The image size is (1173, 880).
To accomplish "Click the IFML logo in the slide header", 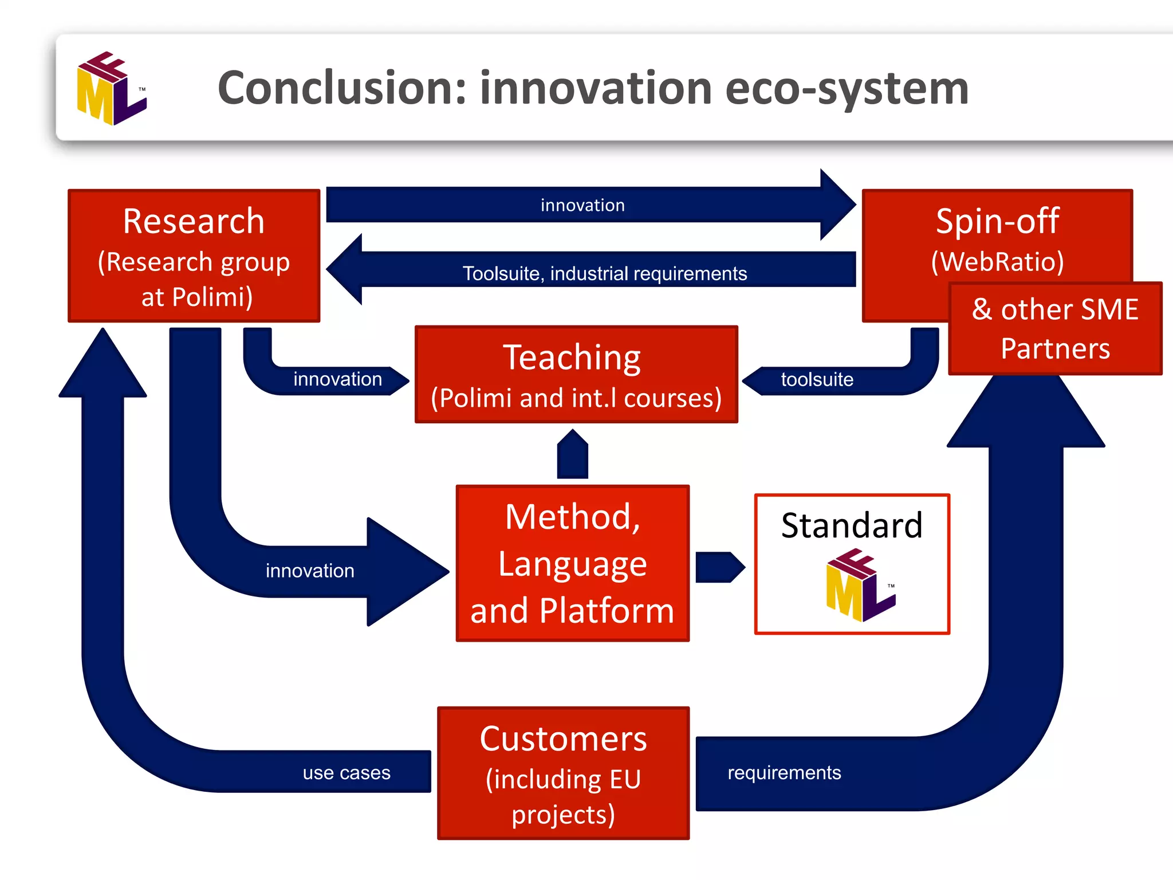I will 112,88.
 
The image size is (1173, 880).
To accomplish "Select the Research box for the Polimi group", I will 194,256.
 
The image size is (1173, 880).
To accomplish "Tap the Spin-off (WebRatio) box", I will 997,241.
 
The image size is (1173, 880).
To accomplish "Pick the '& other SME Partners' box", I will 1055,329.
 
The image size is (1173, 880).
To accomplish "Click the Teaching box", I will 576,375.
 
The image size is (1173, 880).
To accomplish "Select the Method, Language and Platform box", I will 572,563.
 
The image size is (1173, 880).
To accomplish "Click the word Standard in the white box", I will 852,525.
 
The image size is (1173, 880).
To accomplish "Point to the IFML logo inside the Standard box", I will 860,585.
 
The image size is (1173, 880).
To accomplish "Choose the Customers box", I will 563,773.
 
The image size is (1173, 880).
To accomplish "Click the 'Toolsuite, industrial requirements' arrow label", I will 604,274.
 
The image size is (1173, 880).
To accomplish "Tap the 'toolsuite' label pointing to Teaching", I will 817,379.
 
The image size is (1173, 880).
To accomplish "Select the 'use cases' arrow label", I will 347,773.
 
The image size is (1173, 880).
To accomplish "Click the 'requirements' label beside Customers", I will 784,773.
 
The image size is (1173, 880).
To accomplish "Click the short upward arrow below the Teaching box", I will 572,454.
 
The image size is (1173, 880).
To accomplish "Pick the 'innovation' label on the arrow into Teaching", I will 337,379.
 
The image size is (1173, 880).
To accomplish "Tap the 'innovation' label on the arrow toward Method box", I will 310,571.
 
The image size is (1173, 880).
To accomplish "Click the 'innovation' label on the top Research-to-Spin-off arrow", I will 582,205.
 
